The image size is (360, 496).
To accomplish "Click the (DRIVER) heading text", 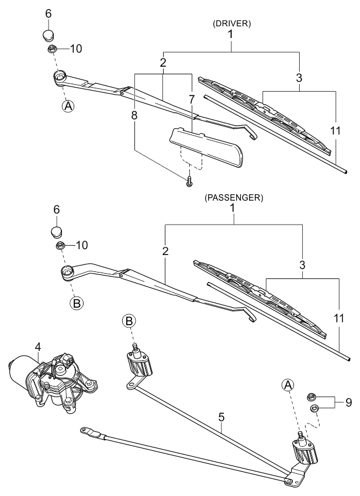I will (232, 24).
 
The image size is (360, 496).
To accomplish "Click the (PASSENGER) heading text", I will (234, 198).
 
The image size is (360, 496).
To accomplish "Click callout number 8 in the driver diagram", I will (134, 115).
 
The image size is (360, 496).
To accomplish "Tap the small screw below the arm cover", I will (190, 183).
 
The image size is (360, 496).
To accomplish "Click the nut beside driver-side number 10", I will (52, 49).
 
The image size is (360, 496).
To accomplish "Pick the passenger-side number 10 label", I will (81, 244).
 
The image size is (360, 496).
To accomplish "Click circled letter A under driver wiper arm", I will (68, 106).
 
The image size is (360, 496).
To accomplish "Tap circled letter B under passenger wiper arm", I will (77, 303).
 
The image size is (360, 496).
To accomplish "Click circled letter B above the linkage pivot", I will (129, 320).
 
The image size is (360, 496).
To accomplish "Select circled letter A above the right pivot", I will (287, 384).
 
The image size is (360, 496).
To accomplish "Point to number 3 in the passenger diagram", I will (302, 264).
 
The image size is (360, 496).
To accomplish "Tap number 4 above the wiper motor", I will (37, 346).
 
